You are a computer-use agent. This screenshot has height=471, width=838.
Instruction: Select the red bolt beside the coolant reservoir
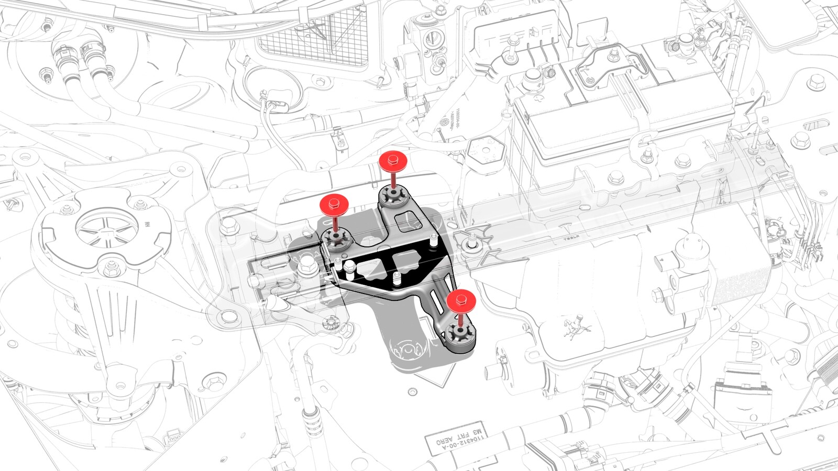coord(461,300)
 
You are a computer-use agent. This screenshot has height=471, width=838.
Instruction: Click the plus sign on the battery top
coord(539,97)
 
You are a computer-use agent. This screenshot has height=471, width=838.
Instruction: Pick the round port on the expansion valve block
coord(433,38)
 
